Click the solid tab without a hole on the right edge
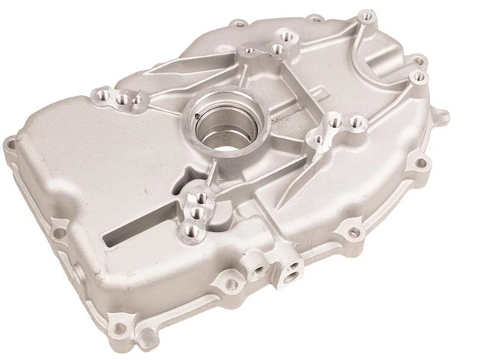tap(443, 116)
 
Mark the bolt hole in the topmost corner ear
tap(363, 14)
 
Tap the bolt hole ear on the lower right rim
tap(354, 232)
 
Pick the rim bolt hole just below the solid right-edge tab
tap(421, 162)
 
